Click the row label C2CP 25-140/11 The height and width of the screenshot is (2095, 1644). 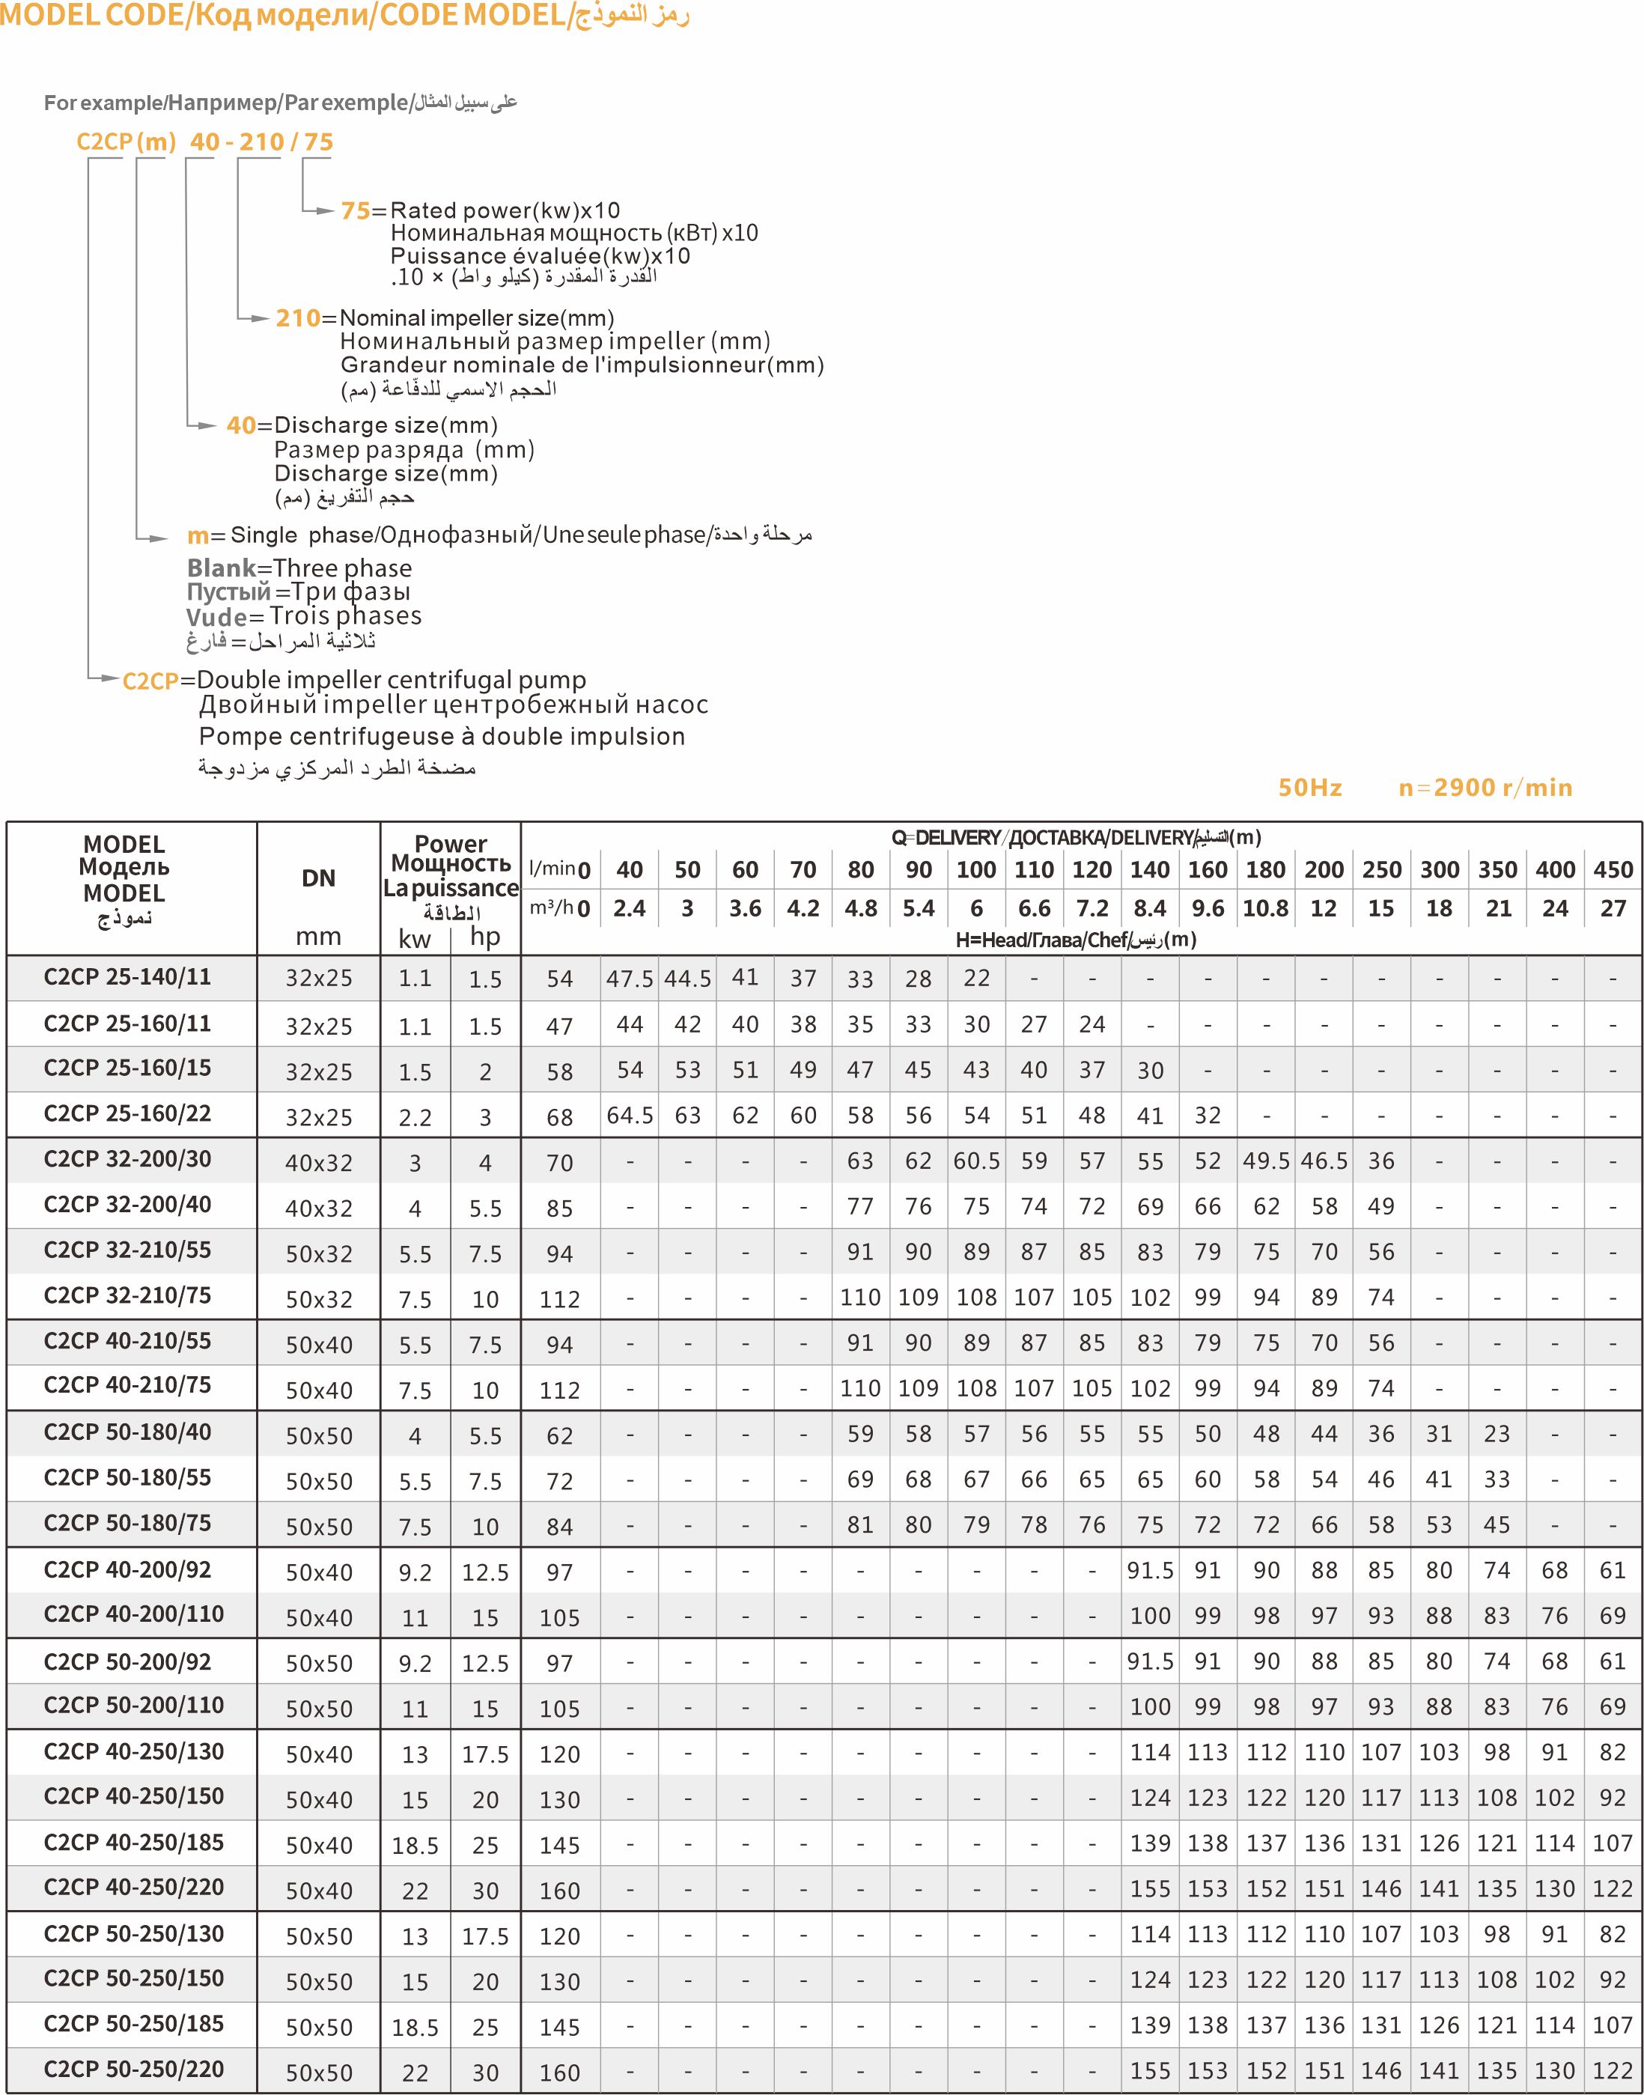pyautogui.click(x=127, y=977)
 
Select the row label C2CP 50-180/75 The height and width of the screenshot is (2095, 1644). pyautogui.click(x=127, y=1523)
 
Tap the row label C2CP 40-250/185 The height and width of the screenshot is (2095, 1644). pyautogui.click(x=134, y=1842)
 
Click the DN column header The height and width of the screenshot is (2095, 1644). pyautogui.click(x=319, y=878)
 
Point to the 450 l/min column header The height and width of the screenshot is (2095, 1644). pyautogui.click(x=1613, y=870)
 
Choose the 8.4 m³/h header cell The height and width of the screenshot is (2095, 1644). pyautogui.click(x=1149, y=909)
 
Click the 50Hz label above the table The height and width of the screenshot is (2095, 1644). pyautogui.click(x=1309, y=788)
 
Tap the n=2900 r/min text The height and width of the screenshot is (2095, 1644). pyautogui.click(x=1485, y=788)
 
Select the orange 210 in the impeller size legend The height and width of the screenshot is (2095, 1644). pyautogui.click(x=297, y=319)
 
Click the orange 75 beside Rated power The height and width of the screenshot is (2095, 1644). pyautogui.click(x=355, y=211)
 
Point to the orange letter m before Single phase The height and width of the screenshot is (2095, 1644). pyautogui.click(x=198, y=536)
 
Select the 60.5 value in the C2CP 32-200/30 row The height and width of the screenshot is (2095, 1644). pyautogui.click(x=976, y=1161)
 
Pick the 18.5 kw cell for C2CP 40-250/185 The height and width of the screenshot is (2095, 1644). pyautogui.click(x=415, y=1846)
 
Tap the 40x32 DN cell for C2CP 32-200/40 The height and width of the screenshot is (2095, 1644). pyautogui.click(x=319, y=1208)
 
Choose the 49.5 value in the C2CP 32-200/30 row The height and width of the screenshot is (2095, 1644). pyautogui.click(x=1266, y=1161)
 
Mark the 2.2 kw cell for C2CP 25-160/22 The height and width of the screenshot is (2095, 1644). pyautogui.click(x=415, y=1118)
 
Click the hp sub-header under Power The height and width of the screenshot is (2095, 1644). pyautogui.click(x=485, y=937)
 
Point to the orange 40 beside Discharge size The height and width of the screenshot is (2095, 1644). pyautogui.click(x=240, y=425)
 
